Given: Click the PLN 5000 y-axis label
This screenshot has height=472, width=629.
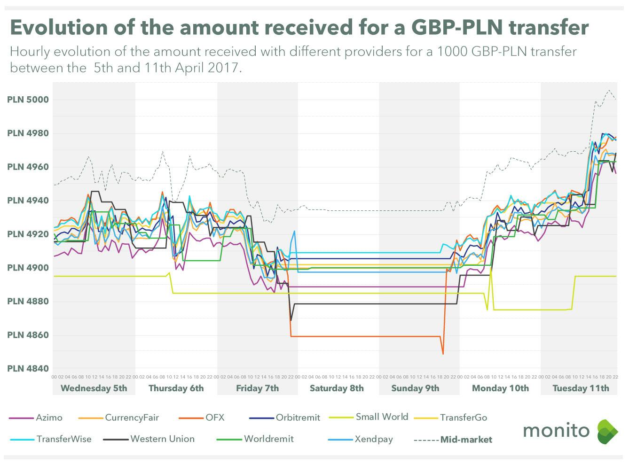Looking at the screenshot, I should [28, 100].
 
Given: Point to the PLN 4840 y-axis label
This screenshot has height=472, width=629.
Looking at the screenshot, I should [28, 369].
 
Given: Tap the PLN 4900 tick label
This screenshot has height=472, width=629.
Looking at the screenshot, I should [28, 268].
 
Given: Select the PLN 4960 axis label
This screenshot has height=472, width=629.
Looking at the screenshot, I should [28, 167].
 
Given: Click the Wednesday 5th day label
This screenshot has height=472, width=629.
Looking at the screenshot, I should [94, 388].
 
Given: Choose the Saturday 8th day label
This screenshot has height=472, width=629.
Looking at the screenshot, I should [337, 388].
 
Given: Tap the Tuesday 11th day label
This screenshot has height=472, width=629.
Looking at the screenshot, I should [581, 388].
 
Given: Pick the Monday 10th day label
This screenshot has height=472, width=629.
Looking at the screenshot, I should [500, 388].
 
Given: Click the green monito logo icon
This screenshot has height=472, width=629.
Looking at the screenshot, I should [607, 432].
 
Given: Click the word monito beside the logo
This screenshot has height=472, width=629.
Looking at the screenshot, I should [556, 430].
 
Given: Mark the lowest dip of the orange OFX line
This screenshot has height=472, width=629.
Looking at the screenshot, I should [443, 354].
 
